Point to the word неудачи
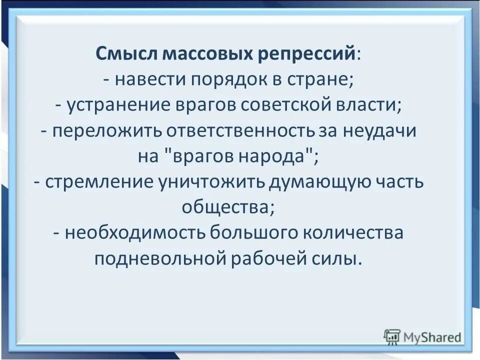[x=379, y=131]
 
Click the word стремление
[x=100, y=182]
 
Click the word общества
[x=227, y=207]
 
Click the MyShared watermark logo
[x=422, y=336]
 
